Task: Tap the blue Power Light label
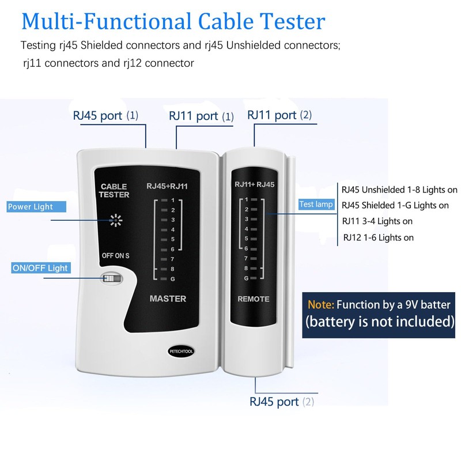tap(30, 207)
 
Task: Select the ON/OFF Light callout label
tap(40, 268)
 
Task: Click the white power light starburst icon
tap(117, 220)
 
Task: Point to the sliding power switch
tap(112, 278)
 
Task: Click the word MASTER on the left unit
tap(168, 298)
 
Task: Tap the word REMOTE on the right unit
tap(254, 299)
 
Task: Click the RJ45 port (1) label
tap(105, 115)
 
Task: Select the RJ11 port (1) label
tap(201, 116)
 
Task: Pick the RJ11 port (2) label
tap(279, 115)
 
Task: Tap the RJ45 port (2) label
tap(282, 402)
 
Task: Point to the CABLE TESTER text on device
tap(114, 191)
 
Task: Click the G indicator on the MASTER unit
tap(172, 279)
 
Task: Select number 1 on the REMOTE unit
tap(247, 199)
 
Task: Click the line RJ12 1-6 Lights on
tap(378, 237)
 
